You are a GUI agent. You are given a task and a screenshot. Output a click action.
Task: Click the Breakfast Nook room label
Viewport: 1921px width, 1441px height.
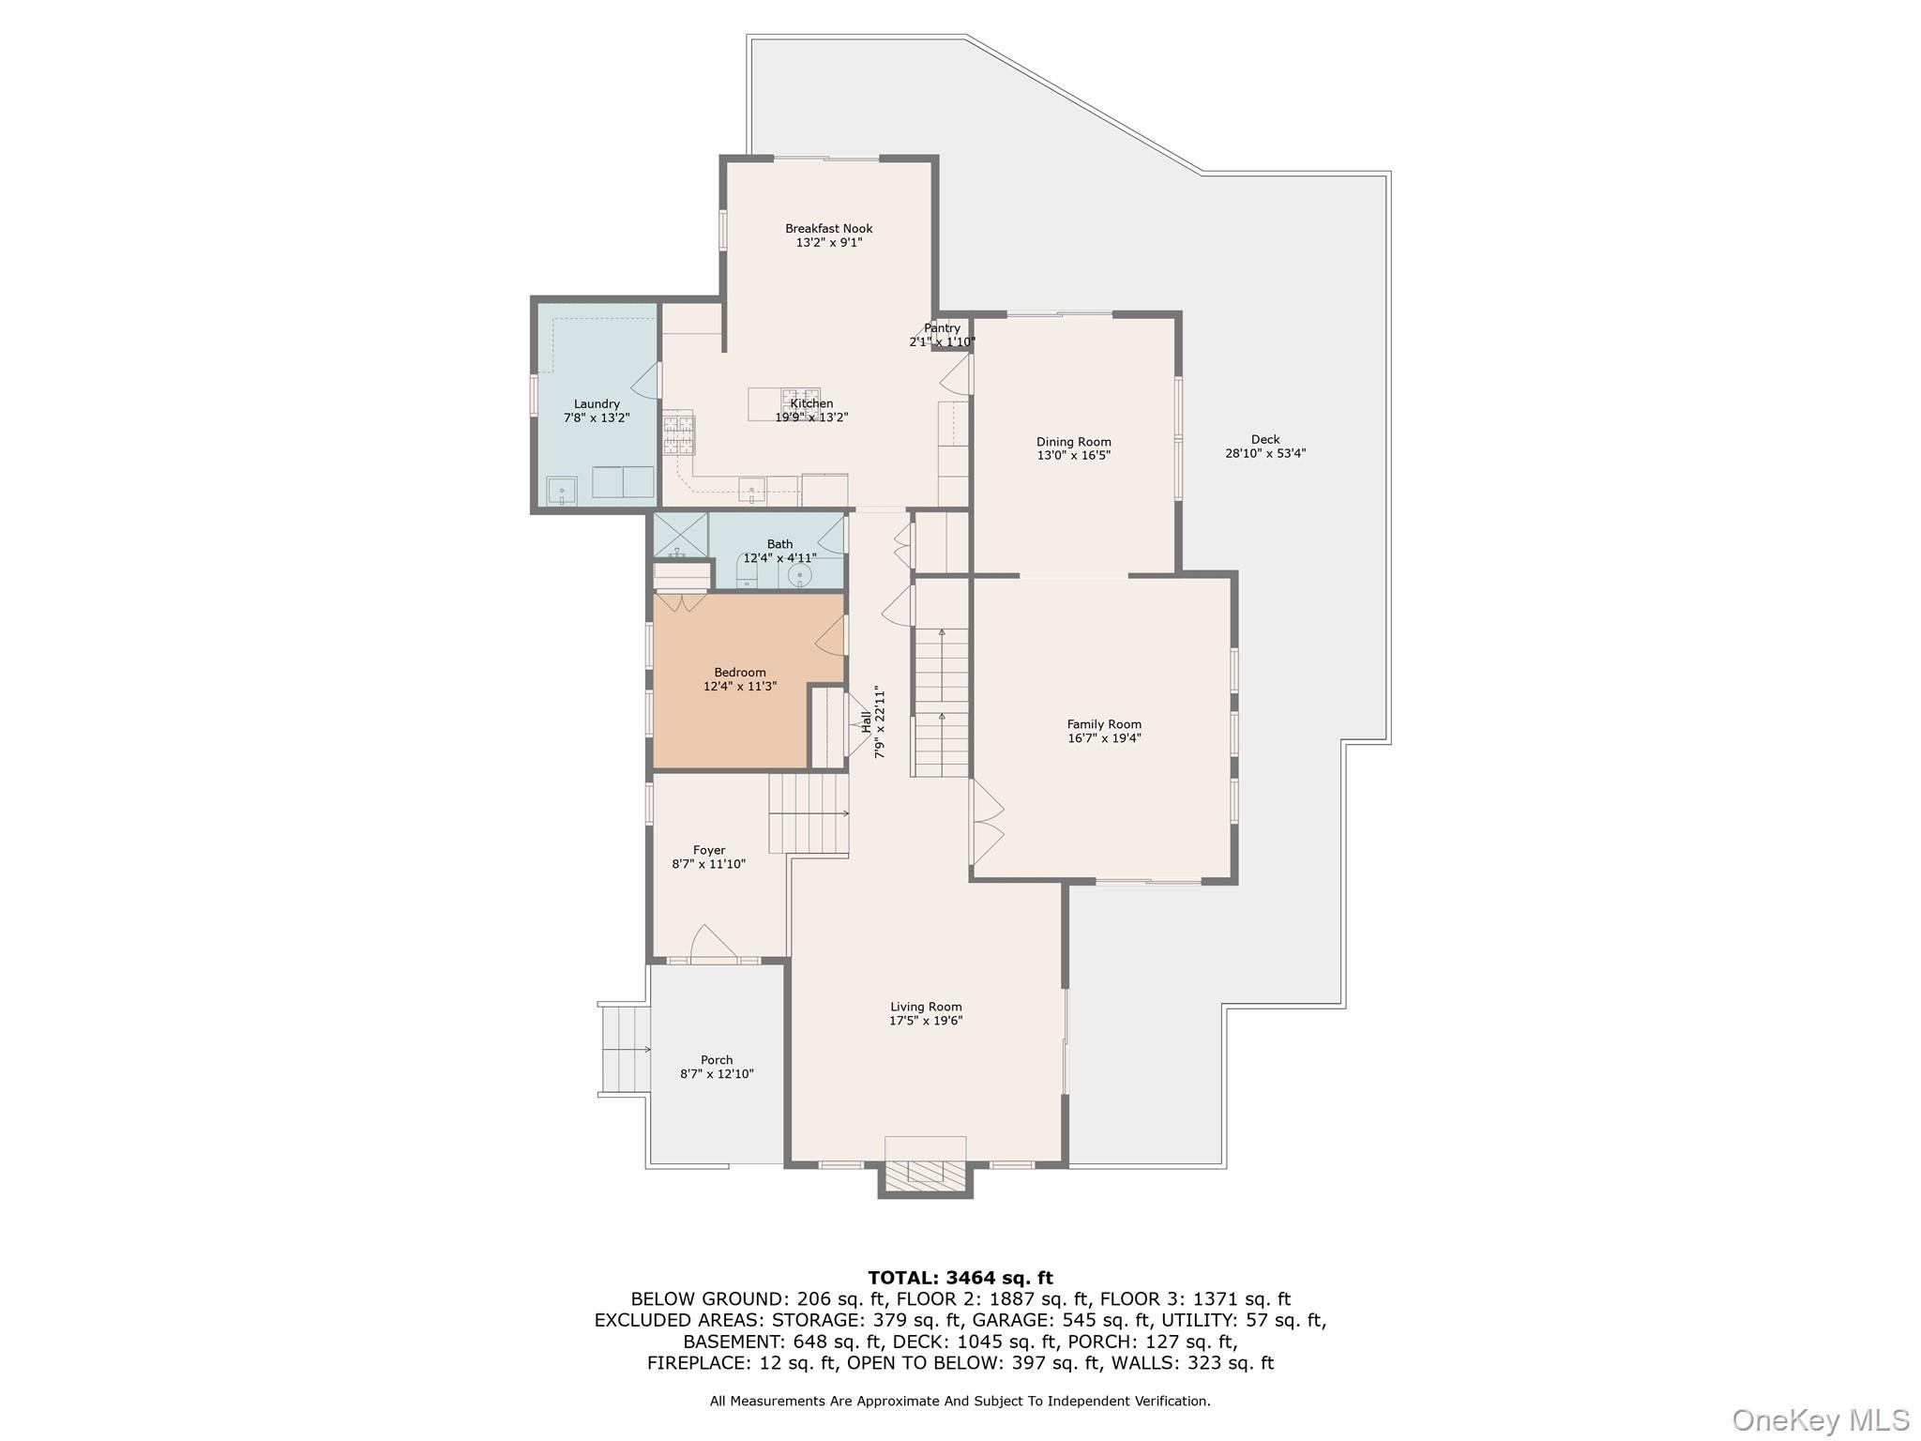click(x=829, y=228)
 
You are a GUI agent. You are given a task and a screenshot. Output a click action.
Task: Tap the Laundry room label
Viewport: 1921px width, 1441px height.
click(x=597, y=404)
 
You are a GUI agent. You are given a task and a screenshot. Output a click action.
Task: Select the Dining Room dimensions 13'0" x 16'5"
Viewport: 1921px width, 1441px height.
click(x=1074, y=456)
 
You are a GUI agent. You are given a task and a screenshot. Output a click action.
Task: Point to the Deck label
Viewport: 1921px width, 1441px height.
click(x=1265, y=439)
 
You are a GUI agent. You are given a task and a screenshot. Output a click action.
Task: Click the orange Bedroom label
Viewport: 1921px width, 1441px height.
click(x=740, y=673)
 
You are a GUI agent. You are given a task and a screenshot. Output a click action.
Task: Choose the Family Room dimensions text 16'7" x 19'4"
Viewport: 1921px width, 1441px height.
click(x=1104, y=738)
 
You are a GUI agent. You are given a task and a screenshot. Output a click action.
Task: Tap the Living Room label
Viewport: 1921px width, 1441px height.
click(x=926, y=1007)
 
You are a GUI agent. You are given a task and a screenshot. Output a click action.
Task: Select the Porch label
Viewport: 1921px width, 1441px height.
click(x=717, y=1060)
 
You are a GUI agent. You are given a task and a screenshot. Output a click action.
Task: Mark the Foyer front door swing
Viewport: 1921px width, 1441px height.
click(x=711, y=942)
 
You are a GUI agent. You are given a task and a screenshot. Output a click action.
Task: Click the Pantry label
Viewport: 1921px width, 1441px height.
click(x=942, y=328)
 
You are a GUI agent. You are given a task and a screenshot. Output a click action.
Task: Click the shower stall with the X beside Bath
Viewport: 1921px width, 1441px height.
click(x=680, y=535)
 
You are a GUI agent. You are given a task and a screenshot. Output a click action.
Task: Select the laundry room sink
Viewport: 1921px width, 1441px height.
click(x=562, y=491)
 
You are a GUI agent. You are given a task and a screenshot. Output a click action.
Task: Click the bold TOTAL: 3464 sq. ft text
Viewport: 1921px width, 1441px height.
click(x=960, y=1278)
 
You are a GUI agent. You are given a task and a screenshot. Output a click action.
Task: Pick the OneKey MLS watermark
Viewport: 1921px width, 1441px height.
click(x=1821, y=1419)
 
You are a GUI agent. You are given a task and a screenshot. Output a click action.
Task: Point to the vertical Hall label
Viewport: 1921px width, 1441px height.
click(x=866, y=721)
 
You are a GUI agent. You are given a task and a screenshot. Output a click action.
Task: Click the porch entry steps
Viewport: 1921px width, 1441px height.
click(x=624, y=1049)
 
